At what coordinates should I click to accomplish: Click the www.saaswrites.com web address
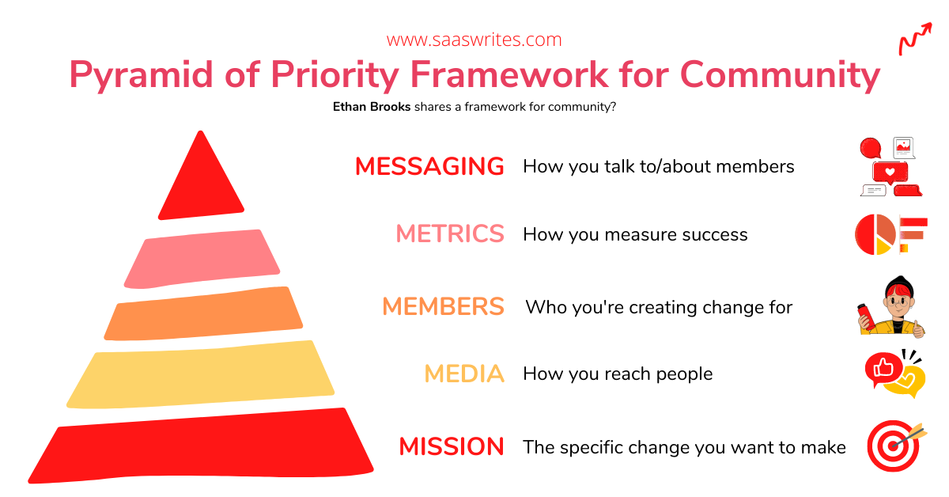coord(474,40)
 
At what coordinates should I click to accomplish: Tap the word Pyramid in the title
coord(141,75)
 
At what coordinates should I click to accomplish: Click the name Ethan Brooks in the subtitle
coord(372,106)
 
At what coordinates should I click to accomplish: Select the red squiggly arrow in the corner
coord(916,39)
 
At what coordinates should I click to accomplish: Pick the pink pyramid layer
coord(202,259)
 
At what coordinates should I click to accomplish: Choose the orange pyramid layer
coord(203,314)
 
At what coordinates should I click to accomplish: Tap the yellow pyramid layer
coord(200,374)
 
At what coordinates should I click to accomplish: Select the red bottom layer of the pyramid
coord(201,446)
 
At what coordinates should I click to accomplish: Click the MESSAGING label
coord(429,166)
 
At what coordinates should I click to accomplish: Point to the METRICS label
coord(450,233)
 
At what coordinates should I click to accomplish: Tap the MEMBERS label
coord(443,306)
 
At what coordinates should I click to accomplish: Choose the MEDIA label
coord(464,374)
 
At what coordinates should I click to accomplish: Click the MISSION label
coord(452,446)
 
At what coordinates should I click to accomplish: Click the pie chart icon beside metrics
coord(875,234)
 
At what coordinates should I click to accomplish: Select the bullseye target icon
coord(893,446)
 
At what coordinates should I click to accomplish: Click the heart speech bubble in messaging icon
coord(890,173)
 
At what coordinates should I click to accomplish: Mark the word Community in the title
coord(780,75)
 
